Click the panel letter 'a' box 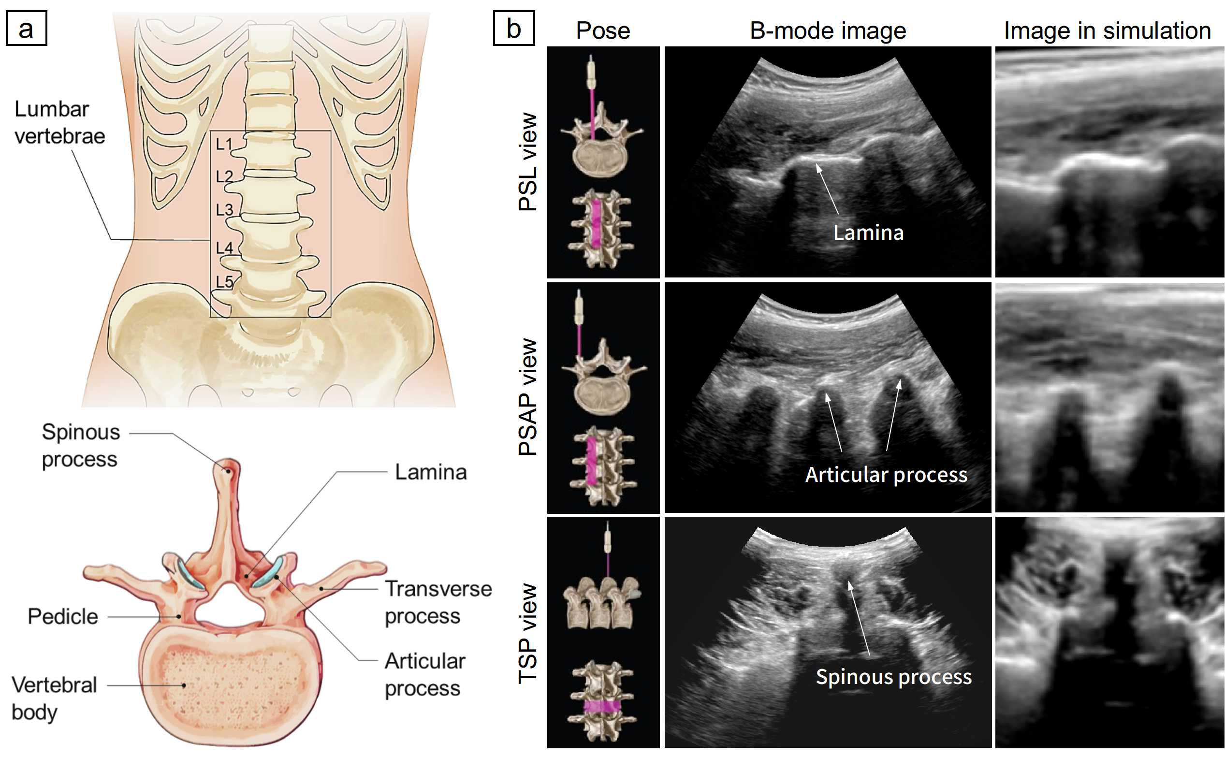point(26,29)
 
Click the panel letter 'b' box point(513,29)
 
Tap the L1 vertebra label point(224,144)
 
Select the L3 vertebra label point(224,209)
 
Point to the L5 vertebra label point(224,282)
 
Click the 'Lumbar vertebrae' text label point(59,123)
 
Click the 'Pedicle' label point(62,616)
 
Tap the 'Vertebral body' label point(54,698)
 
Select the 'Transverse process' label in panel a point(438,602)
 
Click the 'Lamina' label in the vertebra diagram point(431,472)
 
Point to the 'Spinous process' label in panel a point(81,446)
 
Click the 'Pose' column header point(603,31)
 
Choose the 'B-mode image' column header point(828,31)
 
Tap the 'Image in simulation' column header point(1108,31)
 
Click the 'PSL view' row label point(527,162)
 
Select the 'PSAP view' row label point(527,397)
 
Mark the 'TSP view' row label point(527,633)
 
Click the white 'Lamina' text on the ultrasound point(869,233)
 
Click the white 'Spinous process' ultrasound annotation point(893,677)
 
